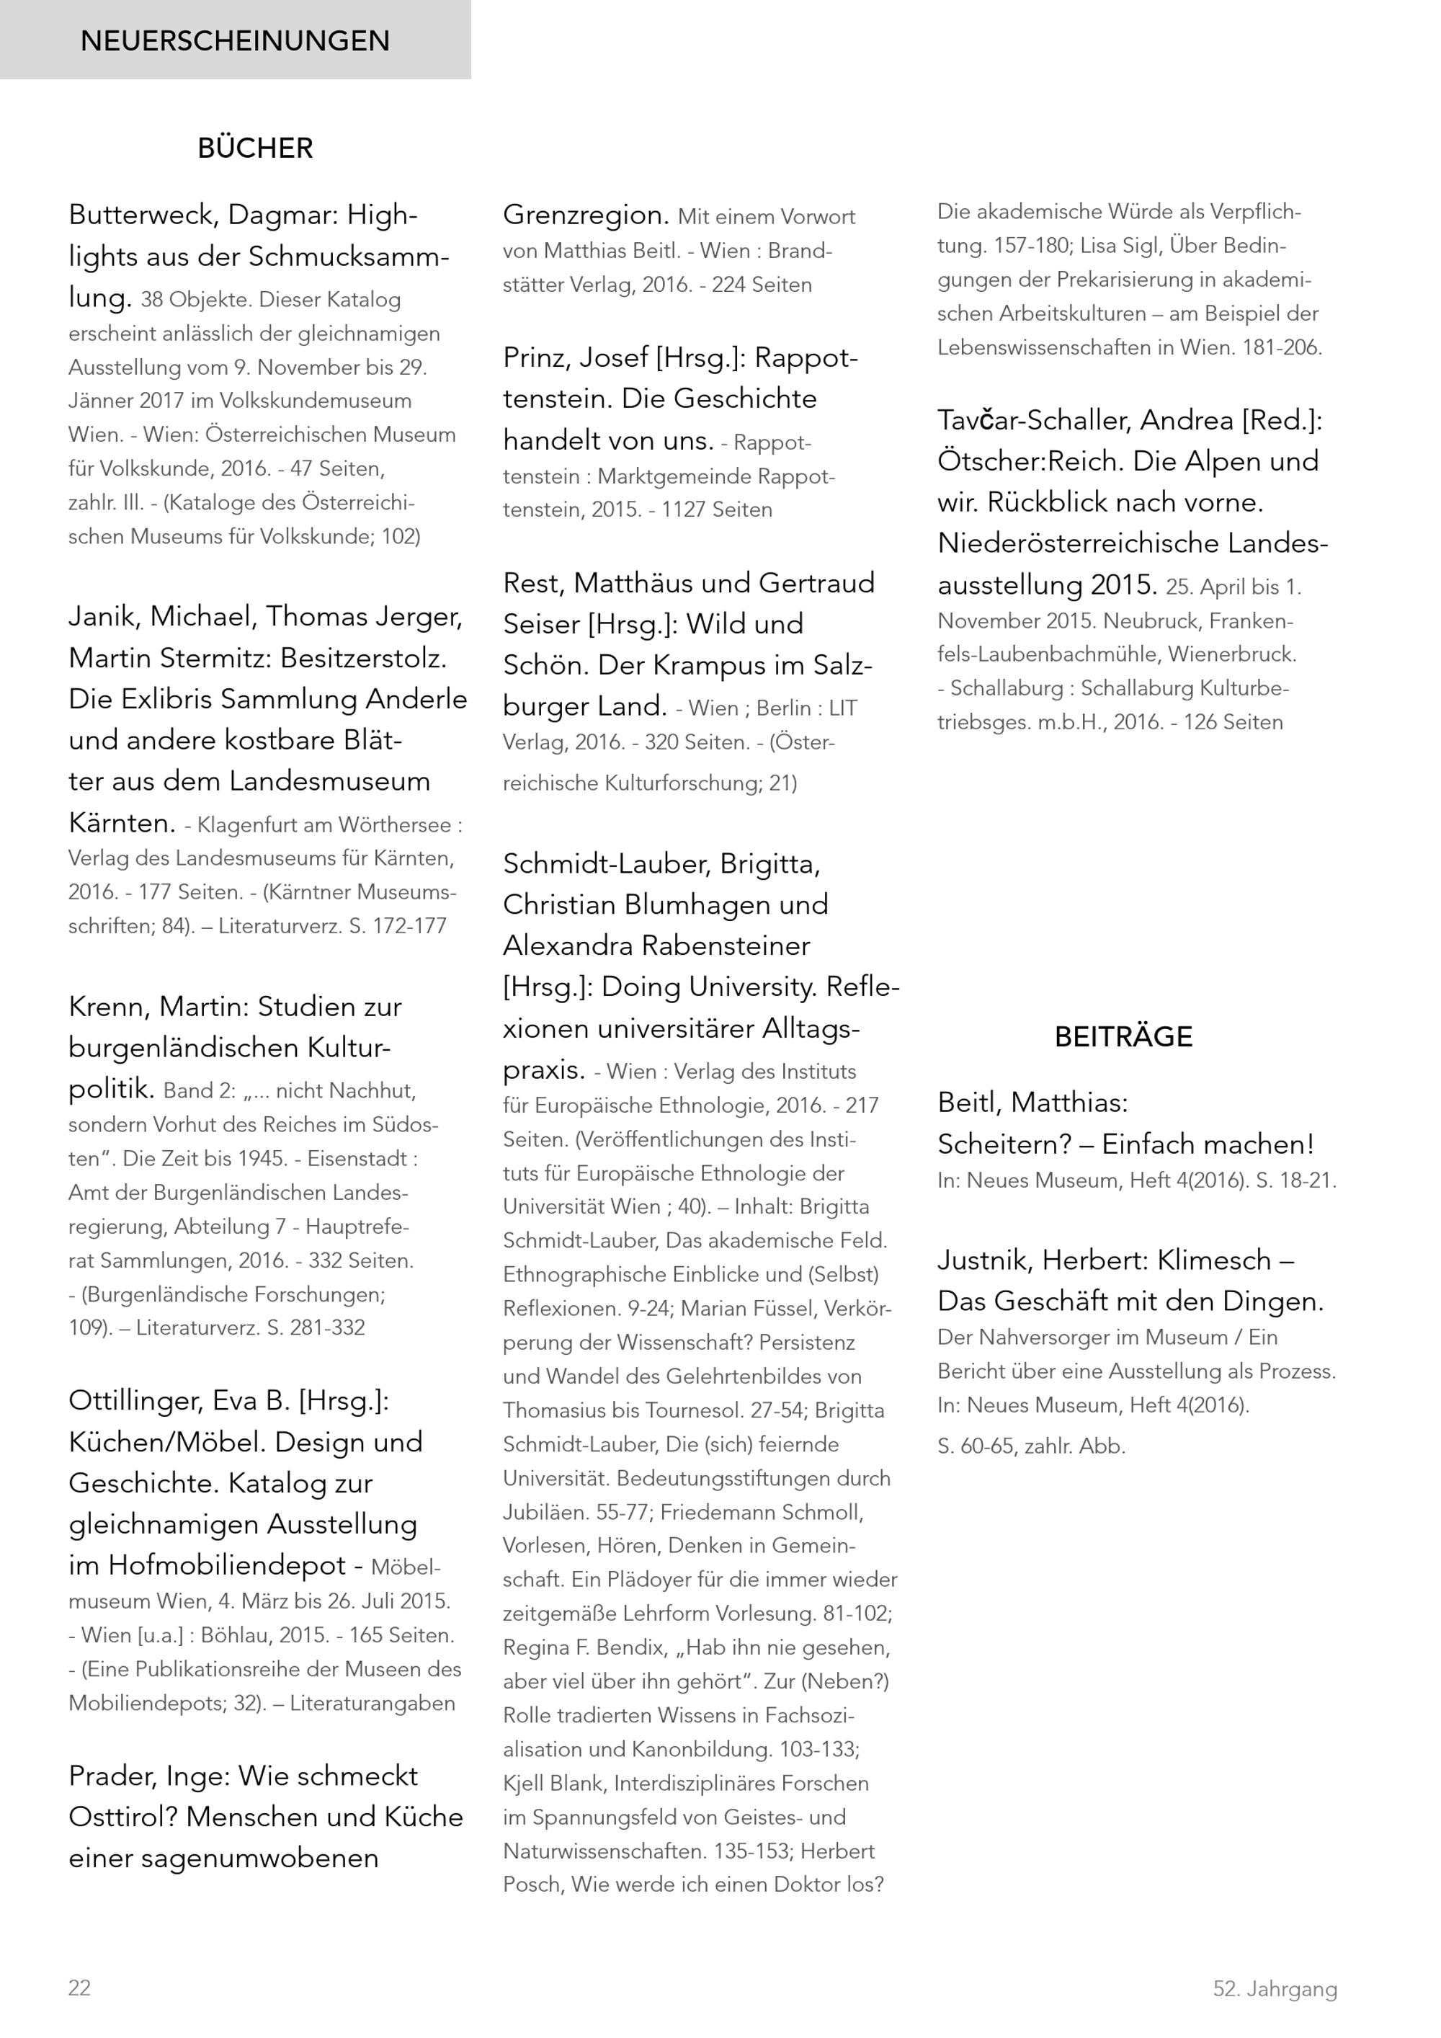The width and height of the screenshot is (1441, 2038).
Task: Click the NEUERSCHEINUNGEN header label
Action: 234,41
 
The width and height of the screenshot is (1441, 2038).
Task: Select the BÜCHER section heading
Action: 256,148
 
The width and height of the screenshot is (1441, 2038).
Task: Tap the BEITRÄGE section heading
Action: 1123,1037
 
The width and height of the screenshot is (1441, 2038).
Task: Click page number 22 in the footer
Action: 79,1988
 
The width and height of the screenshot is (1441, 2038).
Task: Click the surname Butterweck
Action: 143,215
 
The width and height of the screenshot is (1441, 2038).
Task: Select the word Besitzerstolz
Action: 364,658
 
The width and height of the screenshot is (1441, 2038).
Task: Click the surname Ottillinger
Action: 135,1401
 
